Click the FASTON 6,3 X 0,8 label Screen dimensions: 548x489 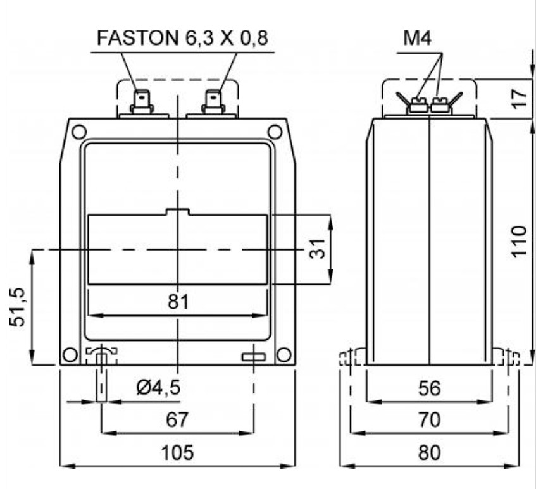(182, 38)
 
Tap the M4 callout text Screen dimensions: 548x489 (417, 38)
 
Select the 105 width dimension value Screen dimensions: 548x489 (177, 453)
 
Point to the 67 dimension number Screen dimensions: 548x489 (177, 419)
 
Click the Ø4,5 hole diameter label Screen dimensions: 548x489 (158, 387)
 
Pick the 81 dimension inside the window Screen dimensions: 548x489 (178, 302)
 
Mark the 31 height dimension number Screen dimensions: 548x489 (317, 249)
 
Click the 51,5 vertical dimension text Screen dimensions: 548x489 (18, 307)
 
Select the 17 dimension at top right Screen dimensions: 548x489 (519, 99)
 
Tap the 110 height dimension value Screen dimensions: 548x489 (519, 242)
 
